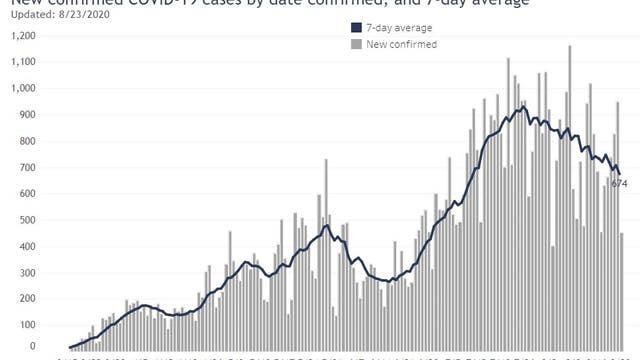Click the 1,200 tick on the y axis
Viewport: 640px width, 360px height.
[19, 36]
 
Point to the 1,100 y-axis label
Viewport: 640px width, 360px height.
[19, 62]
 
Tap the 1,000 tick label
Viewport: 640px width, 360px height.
[19, 88]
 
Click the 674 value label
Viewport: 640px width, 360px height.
[619, 184]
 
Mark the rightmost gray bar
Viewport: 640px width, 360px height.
[623, 290]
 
